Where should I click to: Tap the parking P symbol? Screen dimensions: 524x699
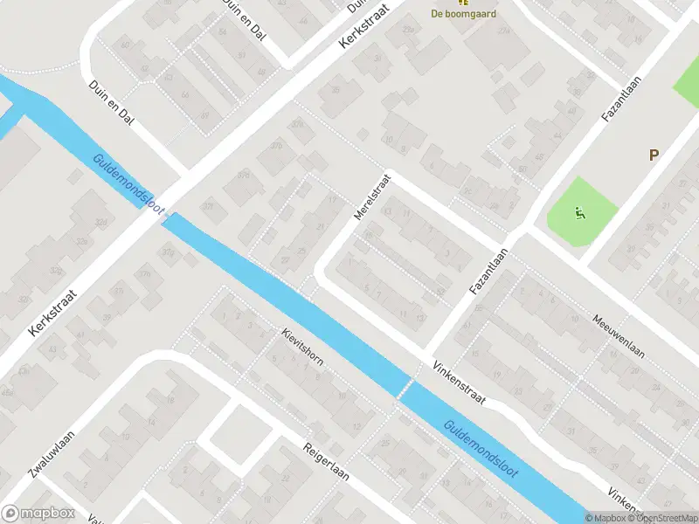(652, 155)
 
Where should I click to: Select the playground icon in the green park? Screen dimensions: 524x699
(578, 211)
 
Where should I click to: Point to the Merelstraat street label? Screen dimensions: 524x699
(370, 196)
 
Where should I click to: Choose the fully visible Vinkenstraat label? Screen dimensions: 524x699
(459, 383)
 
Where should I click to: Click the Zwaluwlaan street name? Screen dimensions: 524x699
(52, 454)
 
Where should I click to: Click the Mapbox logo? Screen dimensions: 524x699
(38, 514)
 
